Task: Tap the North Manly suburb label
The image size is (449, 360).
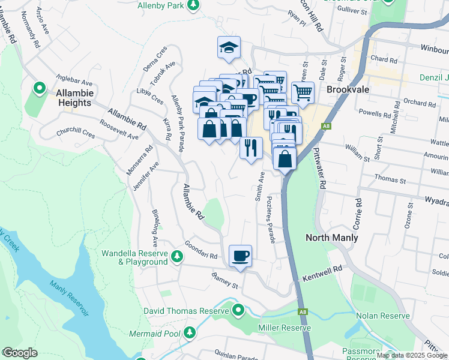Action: coord(332,238)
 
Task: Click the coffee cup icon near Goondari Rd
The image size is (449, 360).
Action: coord(240,256)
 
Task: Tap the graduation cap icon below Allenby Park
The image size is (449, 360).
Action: coord(228,47)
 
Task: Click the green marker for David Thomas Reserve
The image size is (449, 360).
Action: coord(238,310)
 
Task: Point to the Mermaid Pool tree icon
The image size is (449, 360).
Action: coord(190,332)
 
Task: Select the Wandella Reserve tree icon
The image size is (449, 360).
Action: coord(176,257)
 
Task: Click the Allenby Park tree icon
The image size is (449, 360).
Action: coord(193,5)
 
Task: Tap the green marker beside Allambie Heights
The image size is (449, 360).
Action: coord(40,89)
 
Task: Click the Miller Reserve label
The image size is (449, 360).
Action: coord(284,328)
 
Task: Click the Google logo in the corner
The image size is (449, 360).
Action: coord(20,353)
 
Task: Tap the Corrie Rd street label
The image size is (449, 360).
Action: coord(359,211)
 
